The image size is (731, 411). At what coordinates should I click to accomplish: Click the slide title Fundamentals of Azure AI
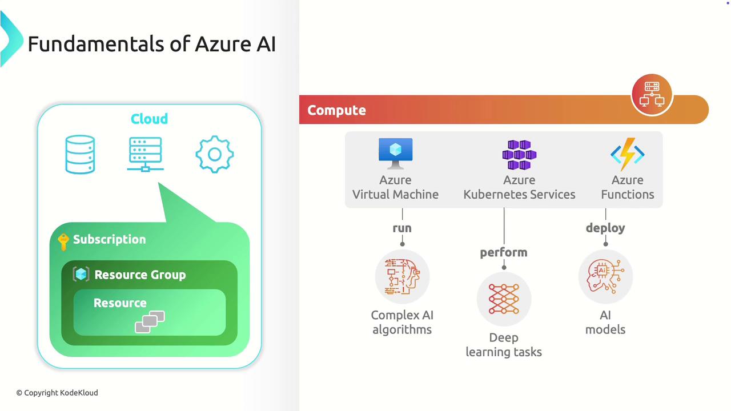pos(151,44)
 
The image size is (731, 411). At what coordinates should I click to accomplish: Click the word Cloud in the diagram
pos(149,119)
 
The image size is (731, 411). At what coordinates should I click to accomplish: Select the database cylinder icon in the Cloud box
pos(80,154)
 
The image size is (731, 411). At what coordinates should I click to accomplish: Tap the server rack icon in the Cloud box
pos(145,154)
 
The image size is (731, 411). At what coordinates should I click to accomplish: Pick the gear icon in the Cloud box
pos(214,154)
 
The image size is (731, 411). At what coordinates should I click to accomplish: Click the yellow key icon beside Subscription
pos(63,241)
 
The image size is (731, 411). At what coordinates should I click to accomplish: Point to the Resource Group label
pos(140,275)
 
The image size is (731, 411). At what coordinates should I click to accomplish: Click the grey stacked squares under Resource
pos(150,322)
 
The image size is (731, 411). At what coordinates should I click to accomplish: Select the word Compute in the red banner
pos(336,110)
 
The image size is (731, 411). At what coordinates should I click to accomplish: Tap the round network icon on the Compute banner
pos(652,95)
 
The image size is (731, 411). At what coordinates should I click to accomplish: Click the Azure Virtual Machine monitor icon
pos(395,153)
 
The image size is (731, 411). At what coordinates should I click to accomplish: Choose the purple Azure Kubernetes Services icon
pos(519,155)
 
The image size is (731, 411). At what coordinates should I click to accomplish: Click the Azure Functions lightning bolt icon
pos(628,153)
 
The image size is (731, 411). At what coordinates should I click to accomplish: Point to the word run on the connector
pos(402,228)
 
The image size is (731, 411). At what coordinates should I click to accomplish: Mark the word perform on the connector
pos(504,252)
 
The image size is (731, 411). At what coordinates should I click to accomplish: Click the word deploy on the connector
pos(605,228)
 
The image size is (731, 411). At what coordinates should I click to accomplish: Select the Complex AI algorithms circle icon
pos(402,276)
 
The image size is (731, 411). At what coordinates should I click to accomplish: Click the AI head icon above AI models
pos(605,276)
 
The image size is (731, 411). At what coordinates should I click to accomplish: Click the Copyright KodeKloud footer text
pos(57,393)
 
